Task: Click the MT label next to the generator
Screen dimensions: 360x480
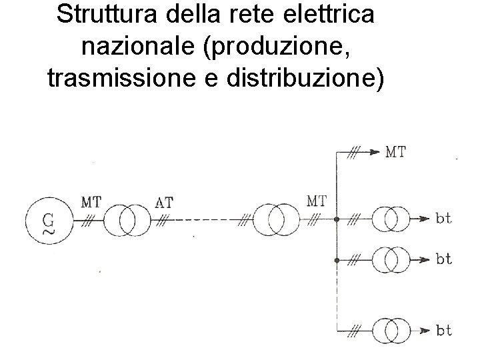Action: click(x=91, y=201)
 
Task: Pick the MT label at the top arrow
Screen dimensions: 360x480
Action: click(x=396, y=152)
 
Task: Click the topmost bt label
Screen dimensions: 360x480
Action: click(x=444, y=219)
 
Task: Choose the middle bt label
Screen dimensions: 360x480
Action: click(x=444, y=259)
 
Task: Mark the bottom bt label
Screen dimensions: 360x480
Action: click(x=444, y=330)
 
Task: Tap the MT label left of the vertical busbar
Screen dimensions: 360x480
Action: click(x=317, y=200)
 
